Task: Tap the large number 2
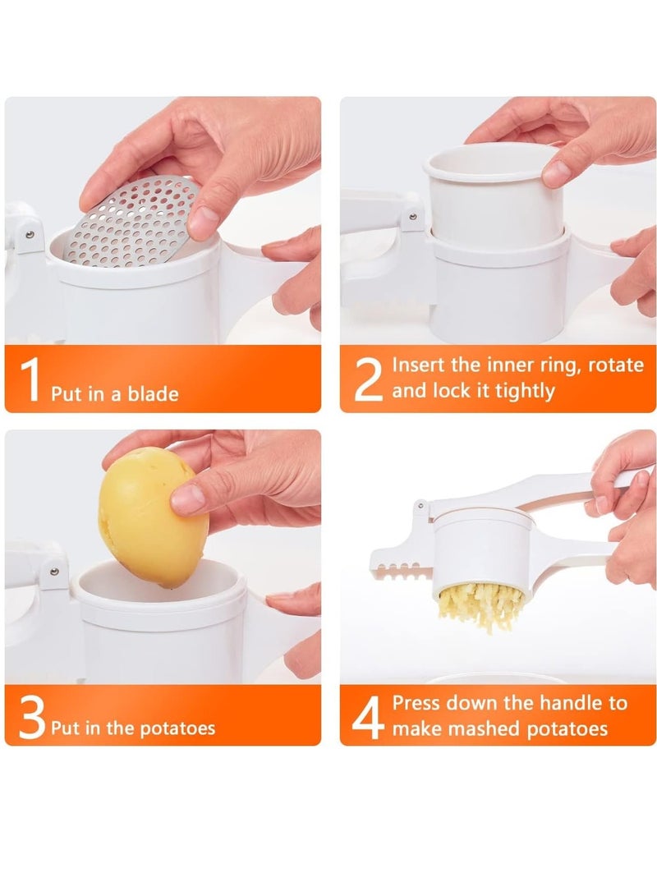pos(368,379)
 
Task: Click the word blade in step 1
pos(152,394)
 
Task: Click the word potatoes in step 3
pos(177,728)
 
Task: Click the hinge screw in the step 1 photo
pos(30,235)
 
